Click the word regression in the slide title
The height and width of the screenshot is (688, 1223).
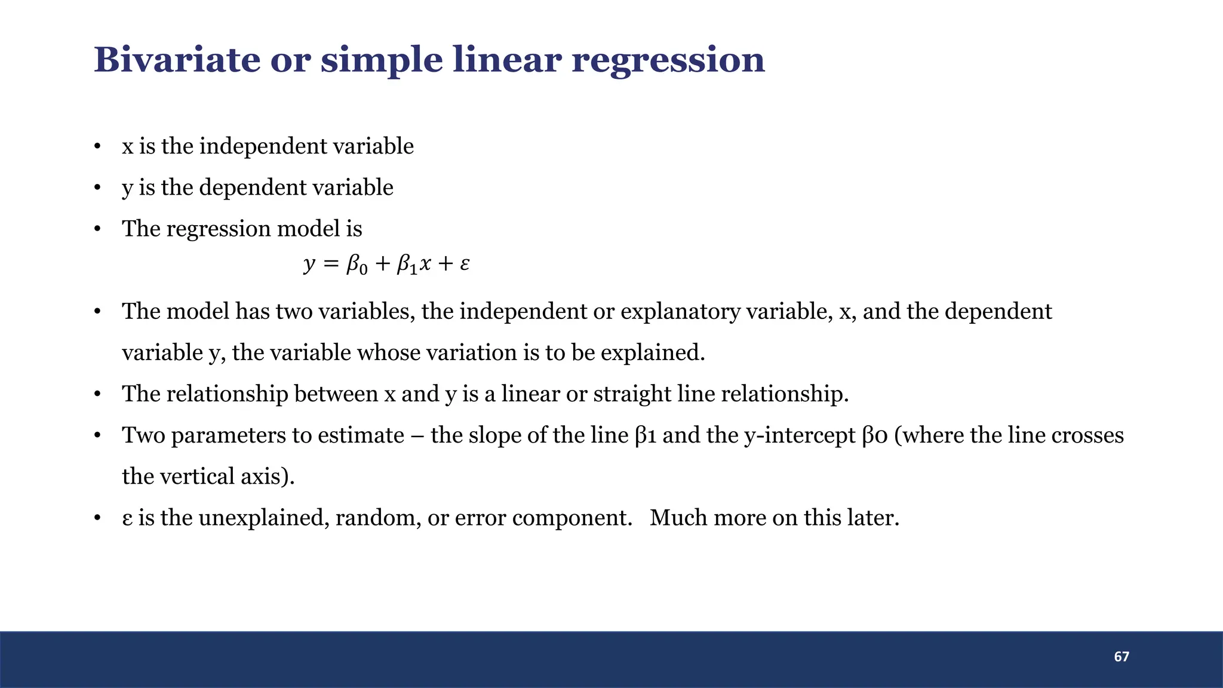(668, 61)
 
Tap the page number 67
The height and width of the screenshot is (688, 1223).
(1121, 657)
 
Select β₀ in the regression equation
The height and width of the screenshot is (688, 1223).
(357, 264)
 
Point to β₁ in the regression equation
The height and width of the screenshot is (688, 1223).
(407, 264)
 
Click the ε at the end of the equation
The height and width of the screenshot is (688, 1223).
(465, 264)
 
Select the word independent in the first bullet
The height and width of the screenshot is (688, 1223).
(263, 146)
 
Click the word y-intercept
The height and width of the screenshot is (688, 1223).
(800, 435)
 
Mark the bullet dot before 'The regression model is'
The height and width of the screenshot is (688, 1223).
(97, 229)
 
